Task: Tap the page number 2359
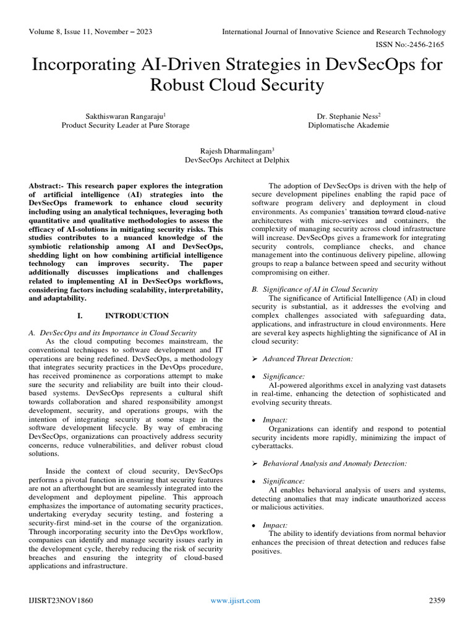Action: [x=437, y=600]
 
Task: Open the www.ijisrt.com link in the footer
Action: [x=235, y=600]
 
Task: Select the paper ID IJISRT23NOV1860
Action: [x=61, y=600]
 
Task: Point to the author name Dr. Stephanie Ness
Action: [x=349, y=115]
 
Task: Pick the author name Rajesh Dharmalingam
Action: [x=237, y=150]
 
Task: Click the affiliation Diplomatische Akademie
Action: [x=349, y=125]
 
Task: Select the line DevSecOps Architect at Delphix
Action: [x=237, y=160]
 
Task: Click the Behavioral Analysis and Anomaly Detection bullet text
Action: [x=334, y=463]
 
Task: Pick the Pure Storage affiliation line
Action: [x=125, y=125]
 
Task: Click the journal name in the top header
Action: [x=334, y=32]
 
